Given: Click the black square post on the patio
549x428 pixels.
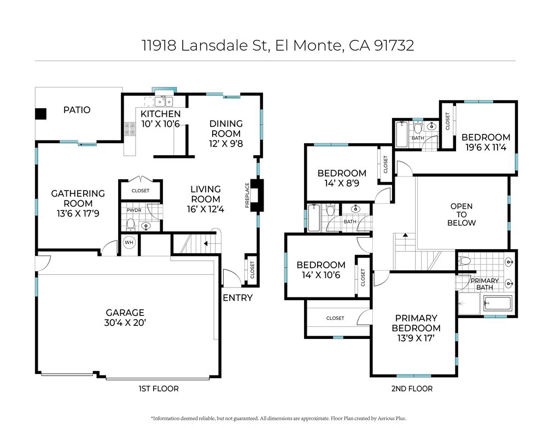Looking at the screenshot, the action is [x=40, y=114].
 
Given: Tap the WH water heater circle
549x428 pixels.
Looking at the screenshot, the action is [x=129, y=242].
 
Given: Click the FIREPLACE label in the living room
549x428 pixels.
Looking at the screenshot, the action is [x=247, y=195].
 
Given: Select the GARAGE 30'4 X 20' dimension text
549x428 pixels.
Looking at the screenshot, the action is [x=125, y=323].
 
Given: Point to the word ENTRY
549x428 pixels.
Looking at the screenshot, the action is [x=238, y=298].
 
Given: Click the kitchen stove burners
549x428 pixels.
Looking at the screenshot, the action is [x=130, y=129].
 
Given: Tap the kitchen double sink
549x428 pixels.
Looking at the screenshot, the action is [x=164, y=102].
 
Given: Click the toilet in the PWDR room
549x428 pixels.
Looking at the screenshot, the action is [x=131, y=224].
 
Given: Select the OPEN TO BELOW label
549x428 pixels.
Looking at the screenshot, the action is [x=462, y=214].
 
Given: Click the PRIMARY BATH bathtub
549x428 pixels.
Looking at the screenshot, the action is [x=498, y=303].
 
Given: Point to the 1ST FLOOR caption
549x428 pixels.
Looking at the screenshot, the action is [x=159, y=389].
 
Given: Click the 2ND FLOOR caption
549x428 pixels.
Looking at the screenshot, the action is [x=412, y=389].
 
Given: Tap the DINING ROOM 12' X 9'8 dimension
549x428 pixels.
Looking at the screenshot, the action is [x=226, y=143].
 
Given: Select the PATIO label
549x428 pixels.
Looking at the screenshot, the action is [x=77, y=110].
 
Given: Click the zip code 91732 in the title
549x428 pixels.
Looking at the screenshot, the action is [x=394, y=45].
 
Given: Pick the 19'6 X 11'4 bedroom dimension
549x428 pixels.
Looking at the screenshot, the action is [x=486, y=148].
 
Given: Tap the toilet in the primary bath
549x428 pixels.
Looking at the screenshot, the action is [x=464, y=261].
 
